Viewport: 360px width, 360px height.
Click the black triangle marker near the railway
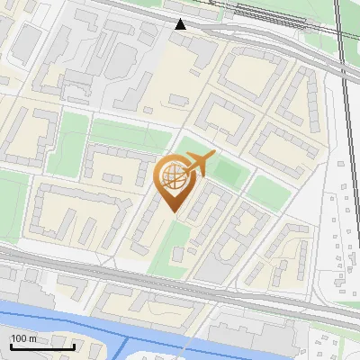[x=181, y=24]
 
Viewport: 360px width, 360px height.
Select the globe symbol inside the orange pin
[x=174, y=180]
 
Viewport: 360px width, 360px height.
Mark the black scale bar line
[x=41, y=346]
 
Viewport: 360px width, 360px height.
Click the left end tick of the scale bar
[x=11, y=345]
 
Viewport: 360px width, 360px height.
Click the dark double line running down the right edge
[x=346, y=135]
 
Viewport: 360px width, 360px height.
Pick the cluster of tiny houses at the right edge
[x=342, y=234]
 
